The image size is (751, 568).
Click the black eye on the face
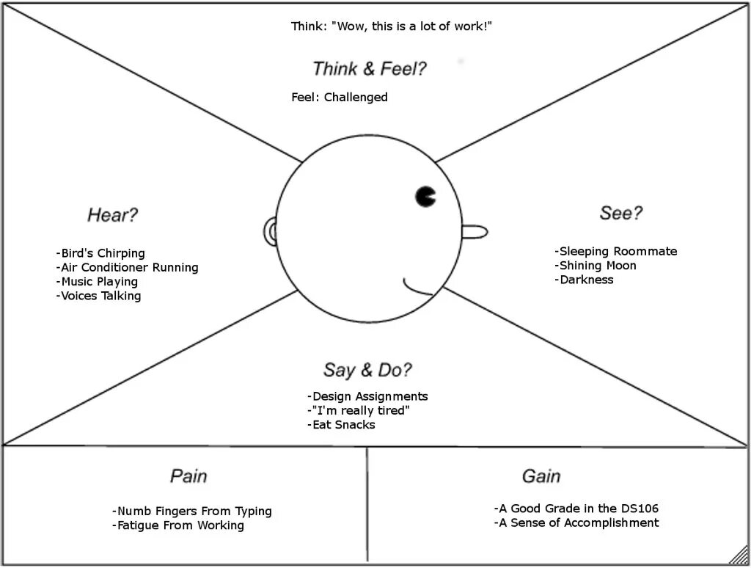pos(425,196)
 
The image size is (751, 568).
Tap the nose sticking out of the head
pos(475,233)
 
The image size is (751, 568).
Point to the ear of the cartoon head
pos(270,233)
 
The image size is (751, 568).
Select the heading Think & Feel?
pos(370,69)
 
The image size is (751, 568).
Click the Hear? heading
pos(113,215)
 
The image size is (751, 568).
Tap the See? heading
pos(621,213)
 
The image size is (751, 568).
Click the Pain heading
pos(188,476)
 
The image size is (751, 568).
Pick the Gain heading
pos(541,476)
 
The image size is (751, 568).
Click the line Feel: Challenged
pos(340,98)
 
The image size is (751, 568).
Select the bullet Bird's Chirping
pos(100,254)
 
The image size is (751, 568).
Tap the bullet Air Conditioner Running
pos(127,268)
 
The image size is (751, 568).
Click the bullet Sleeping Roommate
pos(616,252)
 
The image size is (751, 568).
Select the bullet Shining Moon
pos(596,266)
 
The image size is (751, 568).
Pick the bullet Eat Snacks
pos(341,425)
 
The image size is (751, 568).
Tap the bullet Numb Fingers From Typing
pos(192,511)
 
